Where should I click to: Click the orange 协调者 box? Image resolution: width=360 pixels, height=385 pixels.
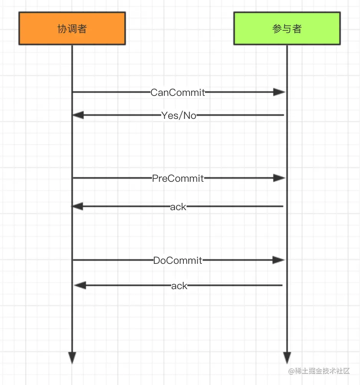click(x=72, y=28)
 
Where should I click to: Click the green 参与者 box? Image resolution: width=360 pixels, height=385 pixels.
click(x=287, y=28)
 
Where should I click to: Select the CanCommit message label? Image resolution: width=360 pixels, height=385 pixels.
click(x=178, y=92)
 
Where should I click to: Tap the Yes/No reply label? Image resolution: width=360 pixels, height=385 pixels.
click(x=179, y=115)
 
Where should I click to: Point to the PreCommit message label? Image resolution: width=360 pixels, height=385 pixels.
click(x=178, y=178)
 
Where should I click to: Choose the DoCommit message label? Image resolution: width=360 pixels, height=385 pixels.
click(x=178, y=260)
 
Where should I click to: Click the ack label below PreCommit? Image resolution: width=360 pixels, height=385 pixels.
click(x=178, y=207)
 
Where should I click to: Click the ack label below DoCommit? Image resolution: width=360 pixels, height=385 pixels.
click(x=179, y=286)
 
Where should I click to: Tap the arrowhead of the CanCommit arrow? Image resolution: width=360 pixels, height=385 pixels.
click(x=279, y=92)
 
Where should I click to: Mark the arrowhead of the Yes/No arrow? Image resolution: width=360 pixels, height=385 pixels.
click(x=78, y=115)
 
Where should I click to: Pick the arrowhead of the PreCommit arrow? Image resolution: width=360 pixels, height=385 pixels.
click(x=279, y=178)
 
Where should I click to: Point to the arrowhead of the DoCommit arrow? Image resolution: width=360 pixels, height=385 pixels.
click(x=279, y=260)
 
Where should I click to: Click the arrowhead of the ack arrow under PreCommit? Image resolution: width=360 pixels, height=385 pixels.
click(x=78, y=207)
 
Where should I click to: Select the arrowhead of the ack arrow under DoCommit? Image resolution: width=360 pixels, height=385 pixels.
click(x=79, y=285)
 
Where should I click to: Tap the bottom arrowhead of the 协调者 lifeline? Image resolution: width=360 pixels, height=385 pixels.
click(x=72, y=358)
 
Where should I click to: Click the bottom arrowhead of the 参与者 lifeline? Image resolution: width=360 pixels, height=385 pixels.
click(x=287, y=358)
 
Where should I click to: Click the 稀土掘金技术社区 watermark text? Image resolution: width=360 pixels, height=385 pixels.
click(x=319, y=371)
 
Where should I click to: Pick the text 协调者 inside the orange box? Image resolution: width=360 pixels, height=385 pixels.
click(x=72, y=29)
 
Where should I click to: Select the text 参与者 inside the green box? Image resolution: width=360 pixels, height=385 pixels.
click(x=287, y=29)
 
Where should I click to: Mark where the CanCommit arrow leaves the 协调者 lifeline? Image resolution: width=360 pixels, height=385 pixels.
click(x=73, y=92)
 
